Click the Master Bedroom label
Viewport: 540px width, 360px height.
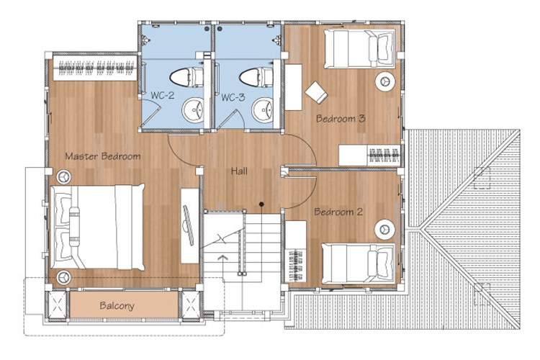pos(103,156)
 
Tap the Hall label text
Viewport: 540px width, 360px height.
pos(239,171)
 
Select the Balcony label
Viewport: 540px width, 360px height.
pos(117,306)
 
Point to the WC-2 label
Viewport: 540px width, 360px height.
pos(163,95)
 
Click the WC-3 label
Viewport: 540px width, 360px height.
pos(233,97)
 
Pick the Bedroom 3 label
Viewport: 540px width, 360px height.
pos(341,119)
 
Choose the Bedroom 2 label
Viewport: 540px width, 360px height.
pos(338,212)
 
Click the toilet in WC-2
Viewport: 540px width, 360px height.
pos(186,77)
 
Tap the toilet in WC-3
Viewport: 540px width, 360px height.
pos(256,77)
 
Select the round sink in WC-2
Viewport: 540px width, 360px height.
pos(193,110)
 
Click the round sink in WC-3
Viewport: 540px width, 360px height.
pos(262,110)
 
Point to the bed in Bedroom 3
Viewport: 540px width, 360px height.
pos(359,49)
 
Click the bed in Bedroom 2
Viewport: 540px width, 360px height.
pos(358,264)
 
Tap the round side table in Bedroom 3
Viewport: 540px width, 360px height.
pos(384,81)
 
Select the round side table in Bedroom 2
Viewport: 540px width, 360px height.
pos(384,230)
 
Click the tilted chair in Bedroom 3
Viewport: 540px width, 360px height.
pos(316,92)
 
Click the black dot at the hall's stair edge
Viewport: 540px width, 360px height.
pos(261,204)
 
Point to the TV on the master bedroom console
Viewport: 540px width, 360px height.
pos(188,225)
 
